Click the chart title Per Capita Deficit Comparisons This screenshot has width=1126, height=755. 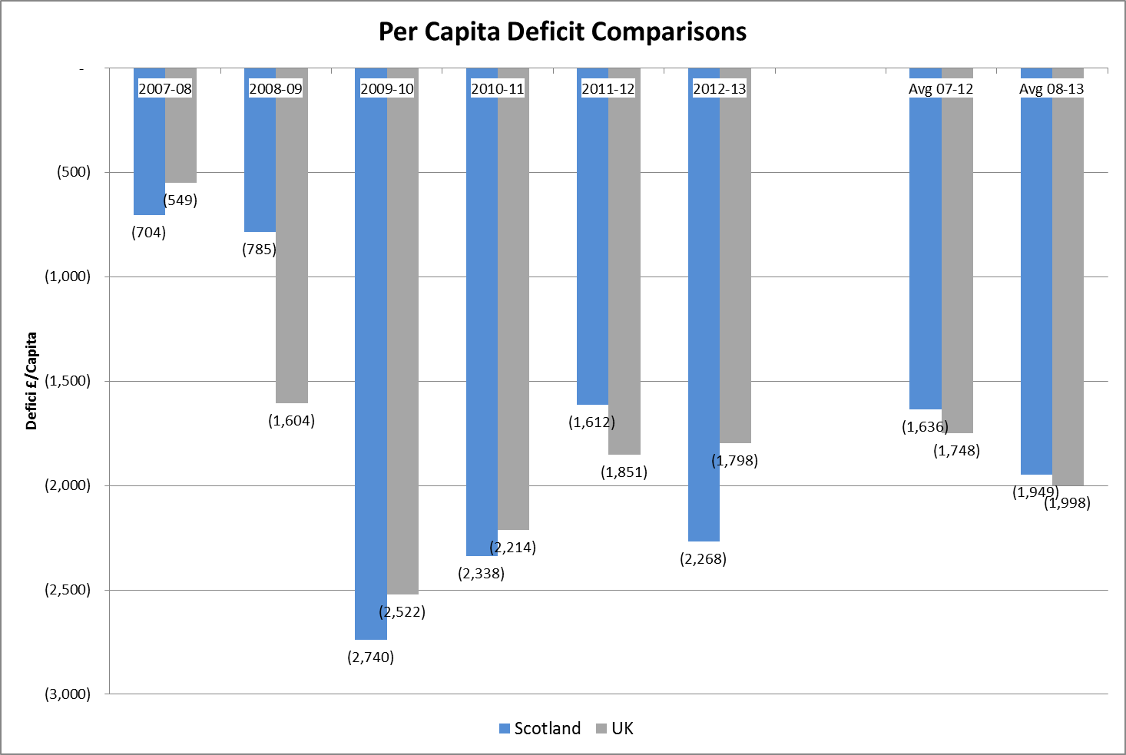562,32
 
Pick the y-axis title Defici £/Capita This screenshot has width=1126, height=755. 31,380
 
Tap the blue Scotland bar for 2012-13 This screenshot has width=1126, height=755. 704,323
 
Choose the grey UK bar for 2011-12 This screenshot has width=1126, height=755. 624,277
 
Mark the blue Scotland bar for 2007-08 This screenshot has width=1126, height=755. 149,154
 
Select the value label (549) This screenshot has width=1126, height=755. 180,200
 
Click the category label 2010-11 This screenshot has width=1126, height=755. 498,88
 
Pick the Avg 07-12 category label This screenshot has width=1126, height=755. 941,88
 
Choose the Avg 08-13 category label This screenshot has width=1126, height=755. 1051,88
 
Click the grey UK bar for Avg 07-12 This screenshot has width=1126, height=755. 957,269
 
